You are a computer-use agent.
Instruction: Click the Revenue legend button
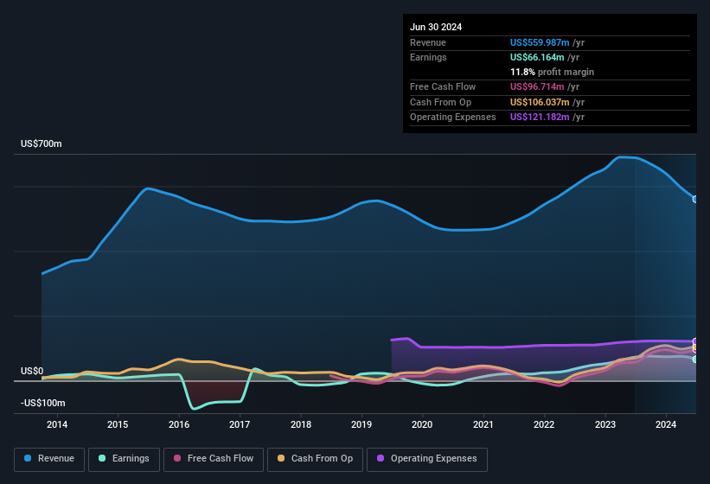49,459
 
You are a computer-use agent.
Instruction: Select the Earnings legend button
125,459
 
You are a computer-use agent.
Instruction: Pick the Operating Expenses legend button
427,459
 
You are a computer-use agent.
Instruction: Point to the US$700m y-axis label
42,143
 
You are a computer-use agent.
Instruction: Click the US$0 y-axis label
32,371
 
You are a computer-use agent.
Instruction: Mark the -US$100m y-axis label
42,404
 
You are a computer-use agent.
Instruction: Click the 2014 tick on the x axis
57,424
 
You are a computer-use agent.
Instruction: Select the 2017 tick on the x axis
240,424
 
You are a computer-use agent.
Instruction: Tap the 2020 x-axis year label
422,424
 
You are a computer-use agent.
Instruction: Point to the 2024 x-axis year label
666,424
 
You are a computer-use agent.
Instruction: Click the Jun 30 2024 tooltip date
436,27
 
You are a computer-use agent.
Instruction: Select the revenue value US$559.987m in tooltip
540,42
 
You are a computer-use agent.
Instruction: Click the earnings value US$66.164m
537,57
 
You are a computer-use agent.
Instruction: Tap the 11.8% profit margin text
552,72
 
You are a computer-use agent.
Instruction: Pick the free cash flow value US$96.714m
537,87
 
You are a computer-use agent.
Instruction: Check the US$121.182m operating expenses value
540,117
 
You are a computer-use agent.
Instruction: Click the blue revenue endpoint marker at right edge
695,199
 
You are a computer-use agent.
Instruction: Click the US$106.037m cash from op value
540,102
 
